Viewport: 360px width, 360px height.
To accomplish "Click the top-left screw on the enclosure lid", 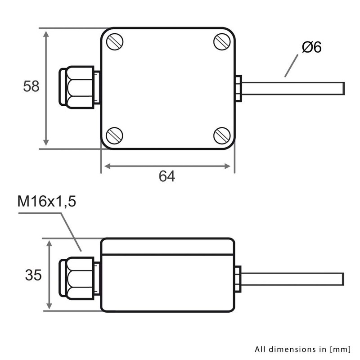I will (x=115, y=42).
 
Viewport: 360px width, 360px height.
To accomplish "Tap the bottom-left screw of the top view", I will (x=114, y=135).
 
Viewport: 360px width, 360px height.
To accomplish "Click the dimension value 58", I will (x=31, y=86).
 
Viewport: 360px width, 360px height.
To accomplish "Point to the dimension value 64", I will (x=166, y=176).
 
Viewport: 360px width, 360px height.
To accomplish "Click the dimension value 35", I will (x=32, y=274).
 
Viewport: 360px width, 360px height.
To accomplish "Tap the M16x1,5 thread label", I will (x=47, y=201).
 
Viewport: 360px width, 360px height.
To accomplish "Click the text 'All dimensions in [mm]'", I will (x=303, y=349).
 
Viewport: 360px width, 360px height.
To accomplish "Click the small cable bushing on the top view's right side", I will (x=238, y=88).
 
